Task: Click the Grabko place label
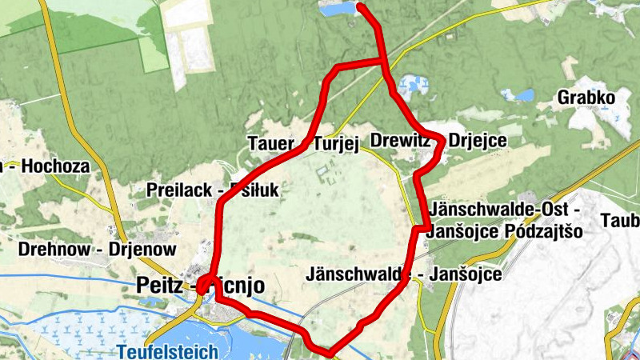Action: (586, 99)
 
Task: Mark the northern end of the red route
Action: (360, 7)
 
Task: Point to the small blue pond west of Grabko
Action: (525, 95)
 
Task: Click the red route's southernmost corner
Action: (329, 351)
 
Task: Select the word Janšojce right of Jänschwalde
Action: (466, 274)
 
